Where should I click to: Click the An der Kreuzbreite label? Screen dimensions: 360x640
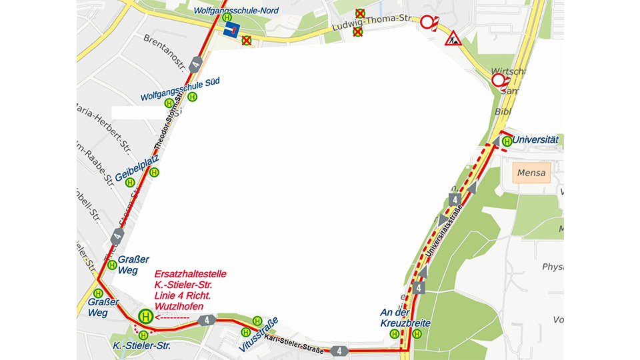[405, 318]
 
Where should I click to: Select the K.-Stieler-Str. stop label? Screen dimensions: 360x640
[141, 346]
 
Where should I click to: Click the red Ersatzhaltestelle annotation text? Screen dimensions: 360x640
[189, 289]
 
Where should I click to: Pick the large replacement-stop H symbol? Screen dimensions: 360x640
[145, 317]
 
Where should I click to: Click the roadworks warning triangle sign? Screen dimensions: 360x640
[453, 37]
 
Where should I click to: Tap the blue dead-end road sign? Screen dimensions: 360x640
[231, 31]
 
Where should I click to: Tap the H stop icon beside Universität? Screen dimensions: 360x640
[507, 141]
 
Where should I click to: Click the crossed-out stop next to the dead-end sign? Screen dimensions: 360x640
[247, 41]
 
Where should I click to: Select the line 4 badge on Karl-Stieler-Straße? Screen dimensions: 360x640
[339, 351]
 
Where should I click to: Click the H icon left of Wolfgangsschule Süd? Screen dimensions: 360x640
[169, 103]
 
